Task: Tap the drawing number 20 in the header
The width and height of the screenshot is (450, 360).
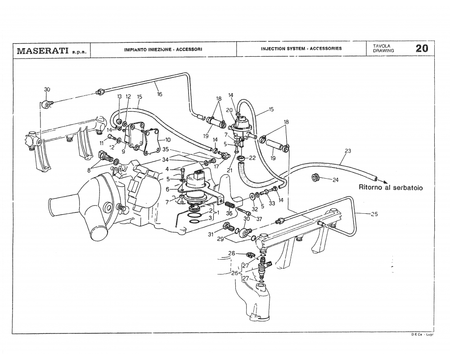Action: pos(421,49)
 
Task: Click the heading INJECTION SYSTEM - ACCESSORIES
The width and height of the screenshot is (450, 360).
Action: pos(301,49)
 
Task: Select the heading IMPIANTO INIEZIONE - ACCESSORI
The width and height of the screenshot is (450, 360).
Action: pos(162,49)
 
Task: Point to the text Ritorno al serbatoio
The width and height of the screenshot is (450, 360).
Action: pos(390,188)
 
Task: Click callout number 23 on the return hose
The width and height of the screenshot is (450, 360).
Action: pos(347,151)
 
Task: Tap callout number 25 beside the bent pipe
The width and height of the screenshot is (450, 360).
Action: pos(374,214)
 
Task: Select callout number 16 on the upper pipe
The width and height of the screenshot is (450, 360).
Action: pos(159,94)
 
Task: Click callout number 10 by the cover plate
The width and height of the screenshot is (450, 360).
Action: pos(167,140)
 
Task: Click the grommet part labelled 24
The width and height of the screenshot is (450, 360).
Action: pos(315,177)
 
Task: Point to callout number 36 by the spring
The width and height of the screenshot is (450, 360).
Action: pos(229,213)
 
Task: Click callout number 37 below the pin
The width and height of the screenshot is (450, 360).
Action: pos(259,219)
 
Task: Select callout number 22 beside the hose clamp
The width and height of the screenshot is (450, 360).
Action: pos(252,157)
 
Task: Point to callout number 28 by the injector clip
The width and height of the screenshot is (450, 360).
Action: pos(232,253)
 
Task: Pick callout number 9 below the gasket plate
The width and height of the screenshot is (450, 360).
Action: pos(123,152)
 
